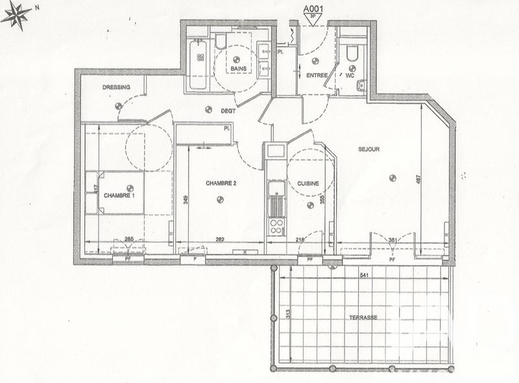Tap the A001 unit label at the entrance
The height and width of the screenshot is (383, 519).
coord(315,10)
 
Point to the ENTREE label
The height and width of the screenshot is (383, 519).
coord(317,75)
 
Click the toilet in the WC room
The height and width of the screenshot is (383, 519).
coord(352,53)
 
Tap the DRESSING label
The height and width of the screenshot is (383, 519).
coord(116,88)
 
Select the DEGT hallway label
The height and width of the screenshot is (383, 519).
coord(227,110)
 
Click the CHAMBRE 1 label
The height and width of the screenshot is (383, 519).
coord(119,195)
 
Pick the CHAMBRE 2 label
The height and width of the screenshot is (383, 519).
coord(221,184)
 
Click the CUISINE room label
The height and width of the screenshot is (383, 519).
coord(308,184)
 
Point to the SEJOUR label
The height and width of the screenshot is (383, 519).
coord(368,149)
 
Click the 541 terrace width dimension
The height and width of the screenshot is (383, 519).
coord(366,275)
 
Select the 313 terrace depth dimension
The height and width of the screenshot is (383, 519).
coord(288,315)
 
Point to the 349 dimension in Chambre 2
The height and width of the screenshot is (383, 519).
coord(186,200)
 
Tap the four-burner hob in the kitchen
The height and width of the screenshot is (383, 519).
coord(276,227)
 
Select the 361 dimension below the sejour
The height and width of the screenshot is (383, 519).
coord(392,240)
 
